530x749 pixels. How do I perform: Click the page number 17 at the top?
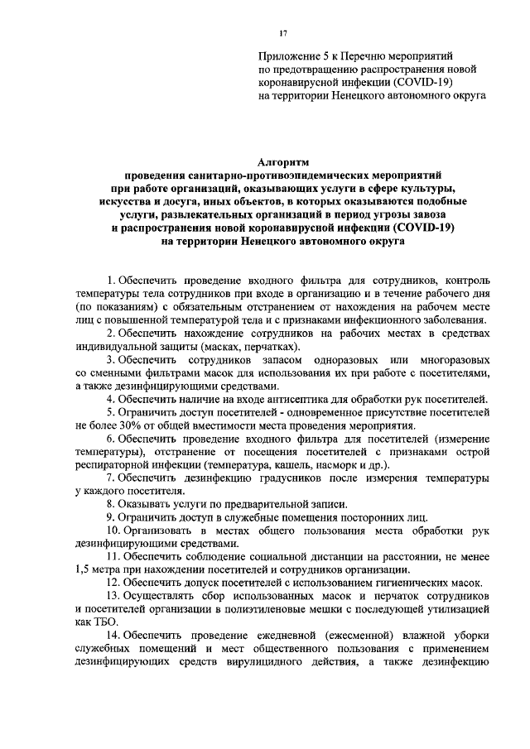tap(283, 32)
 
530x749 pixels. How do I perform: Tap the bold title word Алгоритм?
tap(283, 163)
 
